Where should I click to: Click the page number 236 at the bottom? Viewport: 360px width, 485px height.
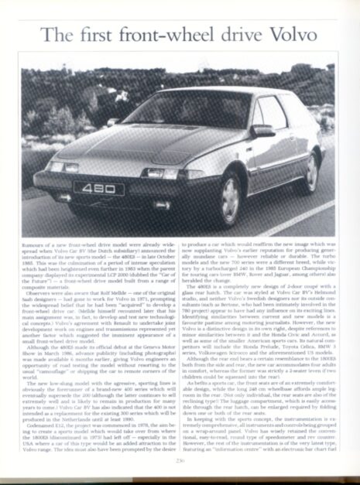[x=180, y=461]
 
